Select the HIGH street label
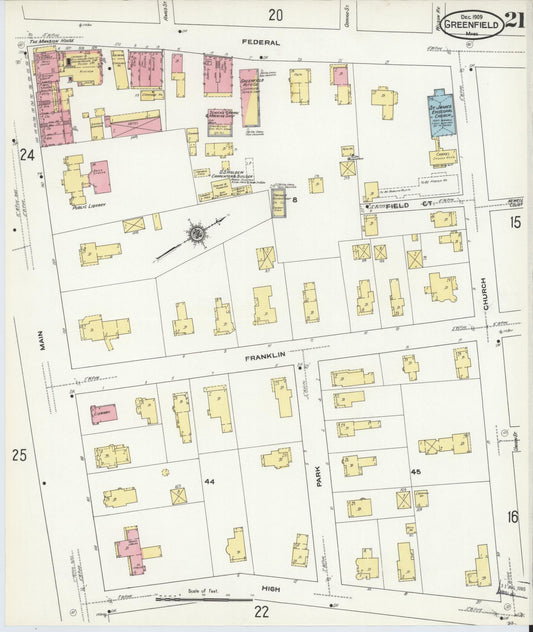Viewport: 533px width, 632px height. (x=271, y=590)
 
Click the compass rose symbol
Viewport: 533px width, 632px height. (x=198, y=234)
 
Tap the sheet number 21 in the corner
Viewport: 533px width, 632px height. (x=513, y=20)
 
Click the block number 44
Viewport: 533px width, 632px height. (x=209, y=482)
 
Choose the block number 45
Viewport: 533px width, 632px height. (x=416, y=472)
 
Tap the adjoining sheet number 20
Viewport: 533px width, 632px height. (x=275, y=14)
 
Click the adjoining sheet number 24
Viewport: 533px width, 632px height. (x=27, y=154)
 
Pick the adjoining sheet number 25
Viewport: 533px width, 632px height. (x=19, y=455)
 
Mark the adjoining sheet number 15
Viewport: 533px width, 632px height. (x=514, y=222)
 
